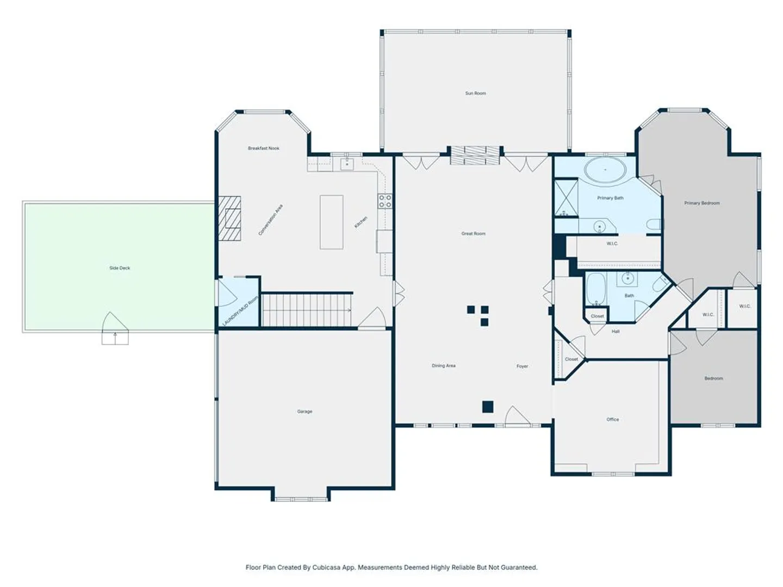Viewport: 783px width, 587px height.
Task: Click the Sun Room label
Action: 475,93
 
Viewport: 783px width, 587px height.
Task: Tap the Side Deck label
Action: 120,268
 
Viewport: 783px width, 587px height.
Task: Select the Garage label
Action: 304,411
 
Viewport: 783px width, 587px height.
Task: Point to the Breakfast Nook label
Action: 263,148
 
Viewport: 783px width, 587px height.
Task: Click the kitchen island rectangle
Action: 331,222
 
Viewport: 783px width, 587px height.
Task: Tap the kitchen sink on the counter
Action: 347,164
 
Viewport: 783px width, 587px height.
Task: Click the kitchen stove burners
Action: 386,201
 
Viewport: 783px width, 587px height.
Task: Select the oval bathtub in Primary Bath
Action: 605,170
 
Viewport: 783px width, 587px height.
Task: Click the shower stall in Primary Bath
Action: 566,198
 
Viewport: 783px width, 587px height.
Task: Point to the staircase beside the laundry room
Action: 307,309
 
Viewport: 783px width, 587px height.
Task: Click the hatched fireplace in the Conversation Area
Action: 229,218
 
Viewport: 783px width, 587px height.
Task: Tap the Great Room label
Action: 474,234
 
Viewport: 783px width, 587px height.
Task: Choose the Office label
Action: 612,420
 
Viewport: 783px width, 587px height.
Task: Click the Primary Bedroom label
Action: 701,203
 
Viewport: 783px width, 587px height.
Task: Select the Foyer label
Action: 522,366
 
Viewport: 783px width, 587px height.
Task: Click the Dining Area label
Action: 443,366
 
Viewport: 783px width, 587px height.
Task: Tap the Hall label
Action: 616,332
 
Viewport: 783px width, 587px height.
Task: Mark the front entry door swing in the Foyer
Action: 517,416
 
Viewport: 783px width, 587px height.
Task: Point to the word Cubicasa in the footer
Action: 326,567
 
